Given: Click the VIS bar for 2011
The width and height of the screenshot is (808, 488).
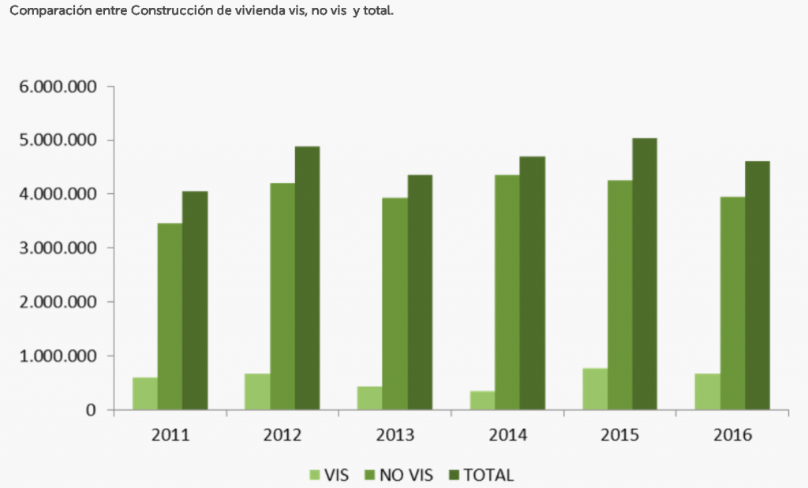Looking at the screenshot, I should [x=144, y=393].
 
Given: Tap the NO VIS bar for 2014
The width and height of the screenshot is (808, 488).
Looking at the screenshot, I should [x=507, y=292].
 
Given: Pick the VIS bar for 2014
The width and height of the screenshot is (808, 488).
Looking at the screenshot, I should [x=482, y=400].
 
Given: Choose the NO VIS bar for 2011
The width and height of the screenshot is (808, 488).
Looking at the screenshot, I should [x=170, y=316].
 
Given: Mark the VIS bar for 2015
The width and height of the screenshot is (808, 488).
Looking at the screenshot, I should [x=595, y=389].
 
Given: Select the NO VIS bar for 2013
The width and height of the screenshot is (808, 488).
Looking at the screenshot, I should [x=395, y=304].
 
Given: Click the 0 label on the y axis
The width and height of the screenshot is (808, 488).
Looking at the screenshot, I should [x=91, y=410].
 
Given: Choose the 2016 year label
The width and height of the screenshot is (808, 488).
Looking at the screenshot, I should [x=732, y=435].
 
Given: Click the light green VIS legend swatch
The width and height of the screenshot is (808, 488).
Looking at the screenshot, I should [x=314, y=475].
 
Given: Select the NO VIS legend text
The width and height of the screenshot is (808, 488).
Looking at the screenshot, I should [x=406, y=475].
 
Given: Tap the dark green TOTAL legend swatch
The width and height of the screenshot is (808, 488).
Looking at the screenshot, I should [x=454, y=475].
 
